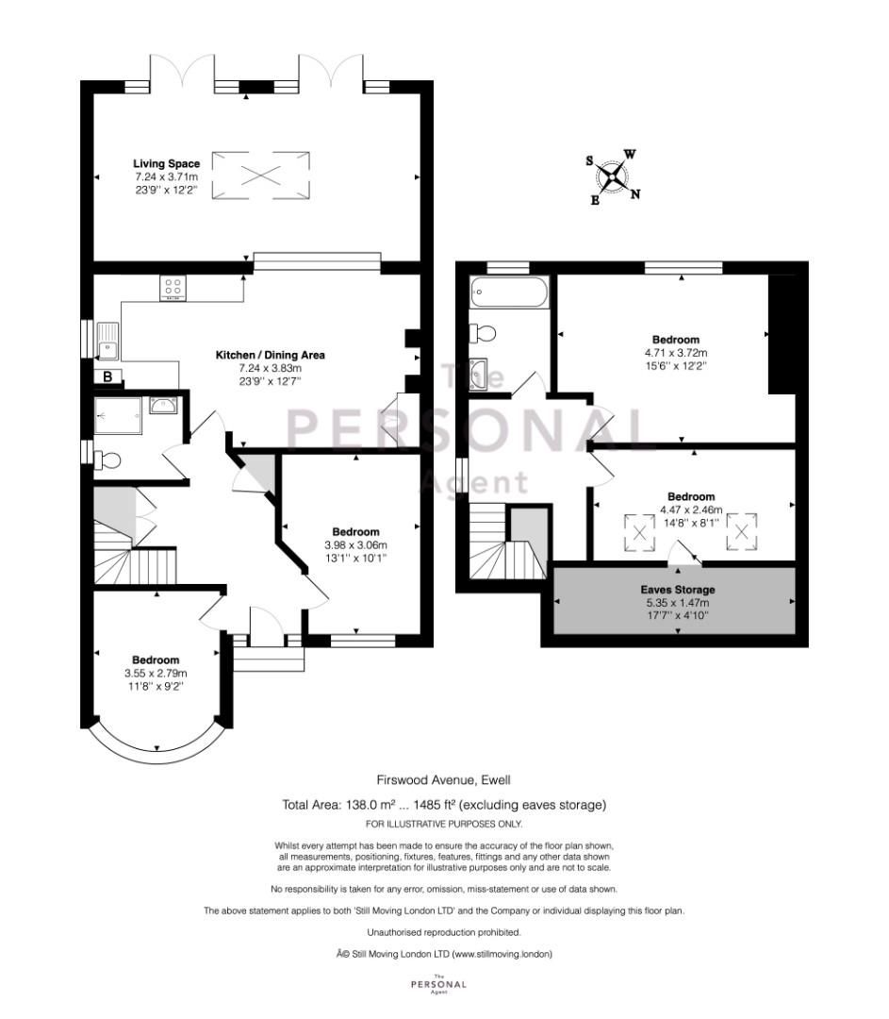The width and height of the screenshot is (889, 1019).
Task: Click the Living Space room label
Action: [x=166, y=164]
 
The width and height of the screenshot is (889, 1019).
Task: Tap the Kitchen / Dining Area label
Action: [x=271, y=355]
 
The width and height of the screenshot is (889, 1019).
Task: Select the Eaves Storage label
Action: [x=677, y=590]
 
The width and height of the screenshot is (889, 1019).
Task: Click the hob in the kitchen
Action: [x=173, y=288]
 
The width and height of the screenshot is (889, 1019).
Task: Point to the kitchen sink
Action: [x=107, y=341]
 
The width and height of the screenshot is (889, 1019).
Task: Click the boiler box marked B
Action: [x=107, y=376]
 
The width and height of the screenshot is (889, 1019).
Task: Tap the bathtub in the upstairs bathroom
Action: [x=510, y=292]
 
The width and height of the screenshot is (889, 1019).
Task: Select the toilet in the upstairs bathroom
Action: [x=483, y=333]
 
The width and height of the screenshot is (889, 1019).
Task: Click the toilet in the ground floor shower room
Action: [x=107, y=460]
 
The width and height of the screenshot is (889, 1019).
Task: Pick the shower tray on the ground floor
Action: [x=118, y=416]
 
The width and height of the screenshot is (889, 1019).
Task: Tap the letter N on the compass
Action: [x=635, y=193]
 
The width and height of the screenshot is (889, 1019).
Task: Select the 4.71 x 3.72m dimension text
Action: [x=675, y=353]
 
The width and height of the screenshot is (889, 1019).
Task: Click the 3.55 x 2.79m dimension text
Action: [x=156, y=674]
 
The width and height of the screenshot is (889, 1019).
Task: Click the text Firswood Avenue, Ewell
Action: [x=444, y=780]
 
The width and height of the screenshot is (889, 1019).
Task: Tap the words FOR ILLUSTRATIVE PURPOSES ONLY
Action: [x=444, y=824]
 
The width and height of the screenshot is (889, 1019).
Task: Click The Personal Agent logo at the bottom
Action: [x=439, y=984]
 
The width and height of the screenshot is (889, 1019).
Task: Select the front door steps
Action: [x=269, y=659]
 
